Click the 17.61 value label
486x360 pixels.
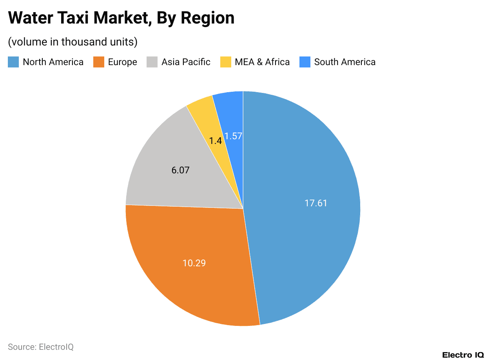click(x=316, y=203)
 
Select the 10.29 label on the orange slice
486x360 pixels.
click(x=194, y=263)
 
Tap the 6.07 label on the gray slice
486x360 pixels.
click(x=180, y=171)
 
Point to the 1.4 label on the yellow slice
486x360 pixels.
click(x=215, y=140)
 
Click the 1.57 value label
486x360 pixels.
click(x=233, y=136)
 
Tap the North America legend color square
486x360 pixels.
click(x=13, y=62)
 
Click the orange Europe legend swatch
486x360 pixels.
click(x=99, y=62)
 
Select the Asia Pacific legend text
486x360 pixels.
click(x=186, y=62)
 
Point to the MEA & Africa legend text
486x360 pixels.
click(x=262, y=62)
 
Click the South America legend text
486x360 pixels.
click(x=345, y=62)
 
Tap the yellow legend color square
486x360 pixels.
click(x=225, y=62)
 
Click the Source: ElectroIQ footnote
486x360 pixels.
click(x=41, y=347)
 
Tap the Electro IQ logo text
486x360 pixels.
click(x=463, y=355)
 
